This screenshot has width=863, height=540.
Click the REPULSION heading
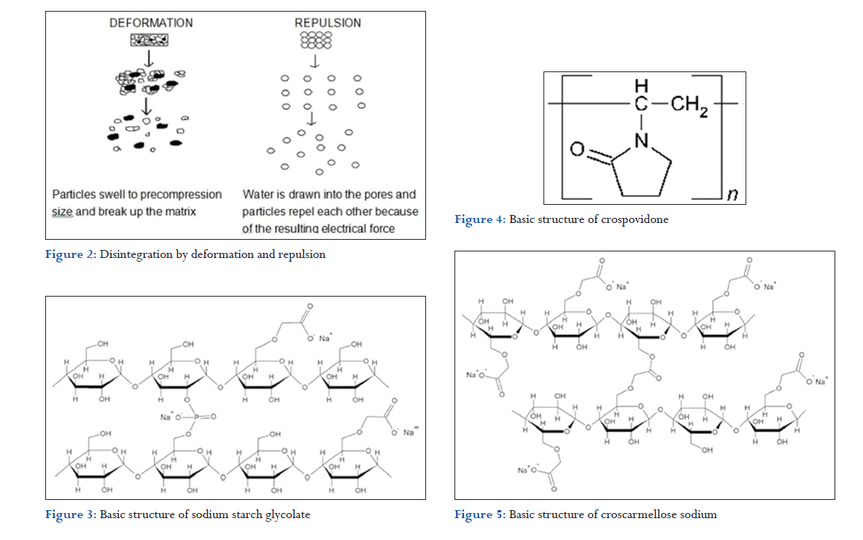pyautogui.click(x=328, y=23)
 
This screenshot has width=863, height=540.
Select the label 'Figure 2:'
pyautogui.click(x=71, y=254)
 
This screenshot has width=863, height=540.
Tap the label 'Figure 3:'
pyautogui.click(x=71, y=514)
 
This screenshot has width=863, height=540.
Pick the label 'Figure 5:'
pyautogui.click(x=480, y=514)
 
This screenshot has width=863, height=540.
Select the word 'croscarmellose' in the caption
pyautogui.click(x=638, y=514)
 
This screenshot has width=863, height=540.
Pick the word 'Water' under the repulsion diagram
pyautogui.click(x=258, y=195)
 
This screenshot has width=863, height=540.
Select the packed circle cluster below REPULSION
pyautogui.click(x=316, y=39)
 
